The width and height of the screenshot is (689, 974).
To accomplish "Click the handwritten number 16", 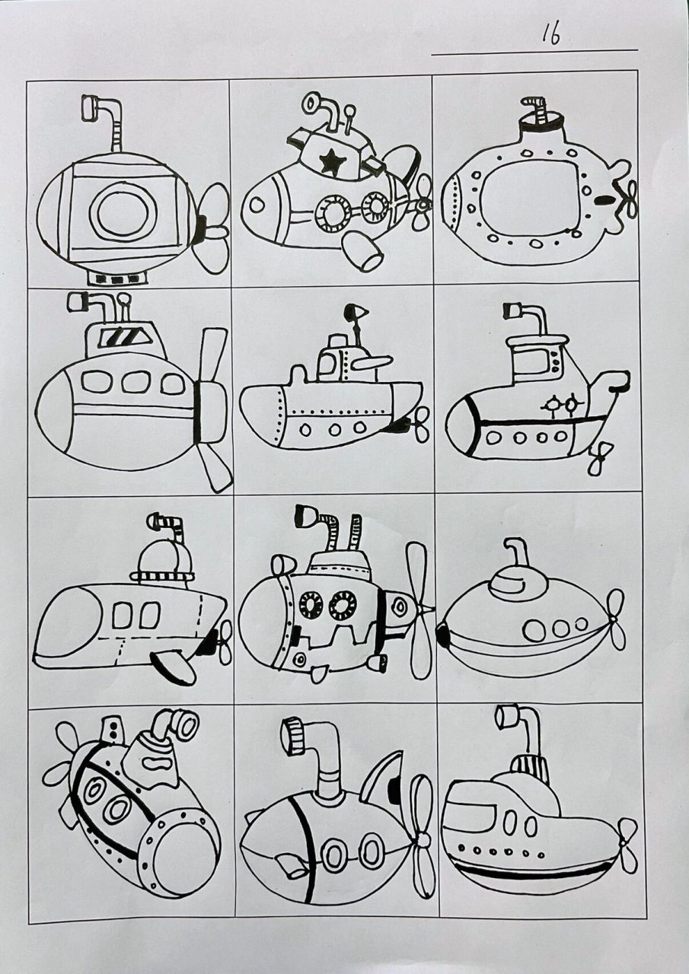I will (551, 34).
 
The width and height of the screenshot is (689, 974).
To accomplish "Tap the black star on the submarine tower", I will (330, 161).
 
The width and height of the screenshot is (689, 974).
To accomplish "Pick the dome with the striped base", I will (163, 563).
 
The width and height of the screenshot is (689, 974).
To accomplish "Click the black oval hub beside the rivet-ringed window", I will (606, 201).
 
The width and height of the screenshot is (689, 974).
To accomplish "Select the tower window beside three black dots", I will (540, 364).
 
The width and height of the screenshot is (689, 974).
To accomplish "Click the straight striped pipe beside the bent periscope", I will (355, 532).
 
